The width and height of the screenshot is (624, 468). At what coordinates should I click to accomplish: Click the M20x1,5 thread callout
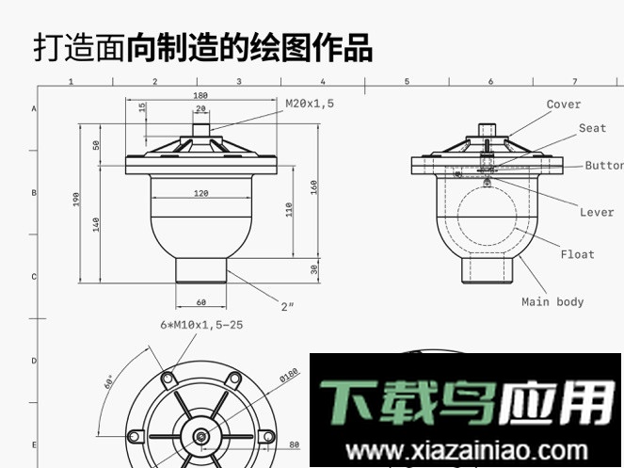pyautogui.click(x=311, y=103)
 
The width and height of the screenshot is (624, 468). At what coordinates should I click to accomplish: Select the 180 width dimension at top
pyautogui.click(x=200, y=95)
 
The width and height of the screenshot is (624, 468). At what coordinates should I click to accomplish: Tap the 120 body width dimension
pyautogui.click(x=200, y=193)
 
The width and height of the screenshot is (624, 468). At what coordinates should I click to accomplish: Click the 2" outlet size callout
pyautogui.click(x=288, y=306)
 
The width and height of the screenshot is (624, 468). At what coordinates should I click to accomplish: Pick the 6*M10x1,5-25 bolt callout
pyautogui.click(x=201, y=325)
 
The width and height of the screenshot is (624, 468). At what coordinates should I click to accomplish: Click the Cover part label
pyautogui.click(x=564, y=105)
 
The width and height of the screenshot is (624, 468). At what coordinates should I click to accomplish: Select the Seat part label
pyautogui.click(x=592, y=128)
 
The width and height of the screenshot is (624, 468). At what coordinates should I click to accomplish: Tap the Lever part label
pyautogui.click(x=596, y=213)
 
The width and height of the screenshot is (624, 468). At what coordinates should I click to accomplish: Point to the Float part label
pyautogui.click(x=577, y=254)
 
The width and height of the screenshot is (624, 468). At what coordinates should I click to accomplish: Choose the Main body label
pyautogui.click(x=552, y=302)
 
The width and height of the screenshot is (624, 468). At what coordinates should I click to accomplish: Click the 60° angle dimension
pyautogui.click(x=110, y=381)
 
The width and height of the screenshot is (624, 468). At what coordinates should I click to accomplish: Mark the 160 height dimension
pyautogui.click(x=314, y=186)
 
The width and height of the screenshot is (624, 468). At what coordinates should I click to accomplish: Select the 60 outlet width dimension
pyautogui.click(x=200, y=302)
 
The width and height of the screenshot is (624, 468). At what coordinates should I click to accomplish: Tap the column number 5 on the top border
pyautogui.click(x=407, y=82)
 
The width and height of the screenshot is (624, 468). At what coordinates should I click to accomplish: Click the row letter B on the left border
pyautogui.click(x=34, y=192)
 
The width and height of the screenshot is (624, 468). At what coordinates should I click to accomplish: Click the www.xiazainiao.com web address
pyautogui.click(x=468, y=450)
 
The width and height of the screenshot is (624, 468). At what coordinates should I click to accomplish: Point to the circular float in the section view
pyautogui.click(x=488, y=212)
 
